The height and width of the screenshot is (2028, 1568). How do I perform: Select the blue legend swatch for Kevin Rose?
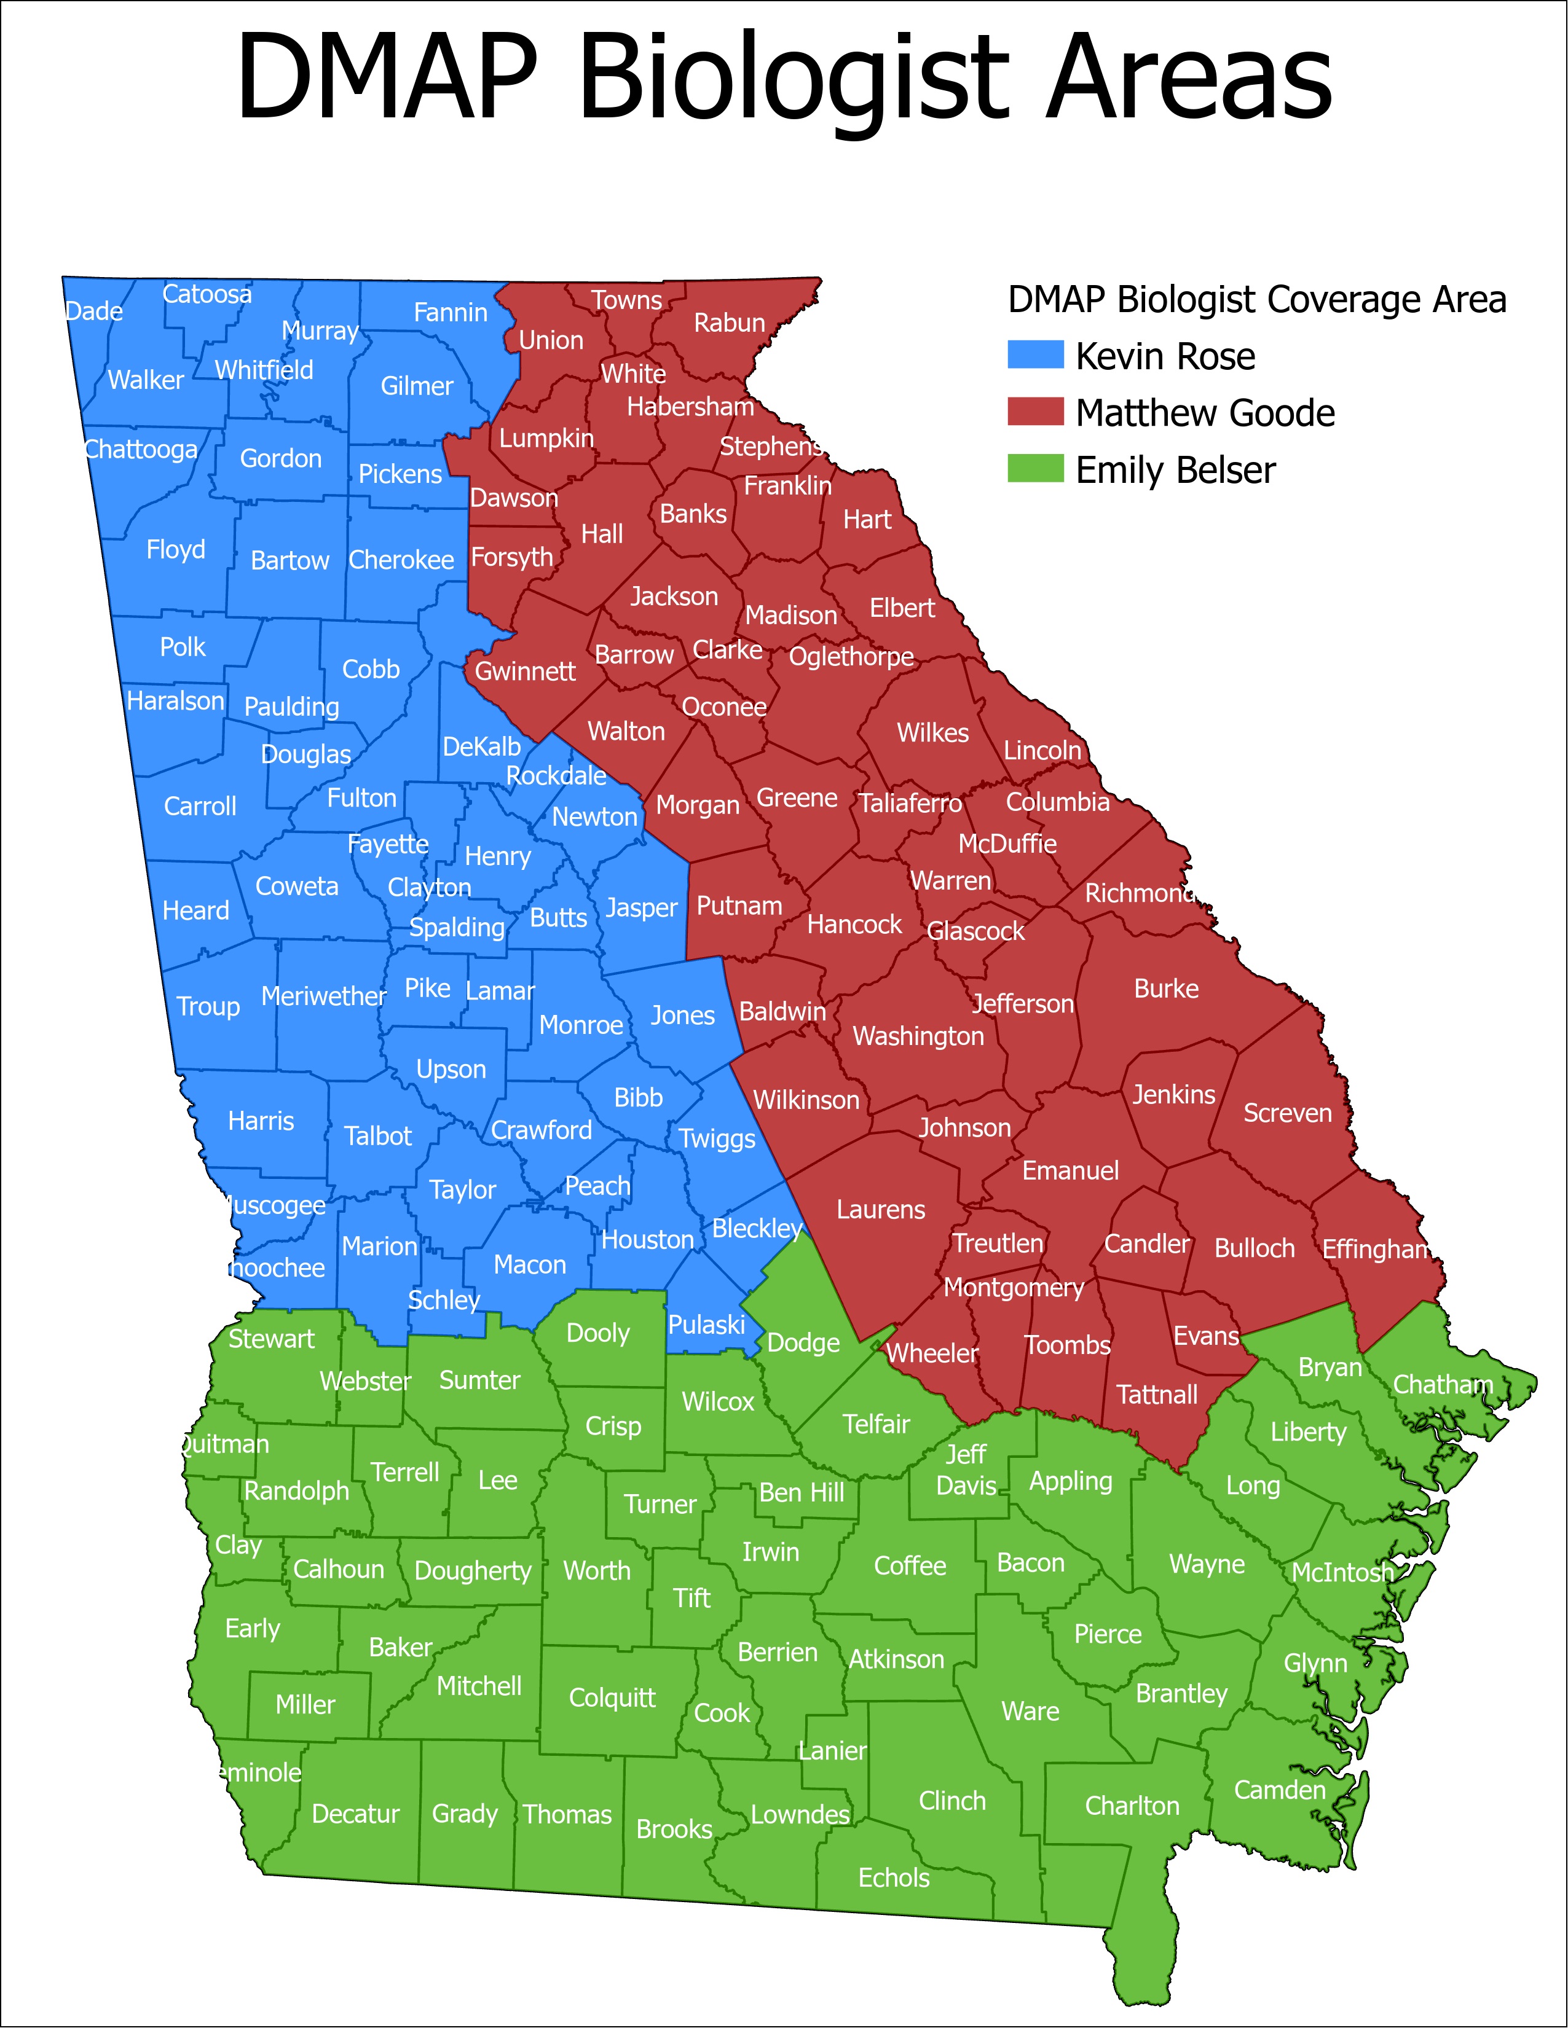(1035, 354)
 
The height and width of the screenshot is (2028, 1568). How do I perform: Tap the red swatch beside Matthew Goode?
(1035, 412)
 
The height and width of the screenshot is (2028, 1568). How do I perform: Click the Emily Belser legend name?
(1175, 470)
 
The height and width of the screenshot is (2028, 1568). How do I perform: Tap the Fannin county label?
(451, 312)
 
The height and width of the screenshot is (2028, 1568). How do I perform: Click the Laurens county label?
(881, 1209)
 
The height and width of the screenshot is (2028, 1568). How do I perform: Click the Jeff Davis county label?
(966, 1470)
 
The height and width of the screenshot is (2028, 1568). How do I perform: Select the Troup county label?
(208, 1006)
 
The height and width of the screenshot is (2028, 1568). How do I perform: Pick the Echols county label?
(894, 1877)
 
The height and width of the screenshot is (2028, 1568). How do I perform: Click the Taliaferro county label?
(910, 802)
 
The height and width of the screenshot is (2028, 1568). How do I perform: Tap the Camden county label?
(1279, 1790)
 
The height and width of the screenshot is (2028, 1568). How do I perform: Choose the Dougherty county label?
(473, 1570)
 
